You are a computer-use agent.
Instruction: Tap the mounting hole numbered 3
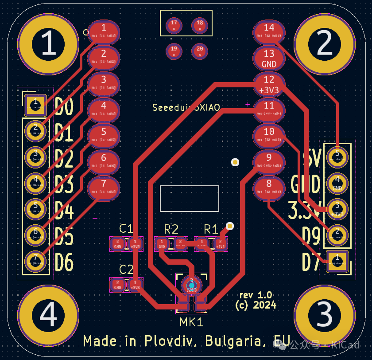tap(325, 316)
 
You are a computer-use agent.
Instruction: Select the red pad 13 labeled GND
tap(269, 58)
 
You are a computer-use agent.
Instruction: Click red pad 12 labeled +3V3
tap(269, 84)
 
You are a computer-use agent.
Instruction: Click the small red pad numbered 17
tap(174, 25)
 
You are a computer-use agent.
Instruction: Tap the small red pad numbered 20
tap(200, 51)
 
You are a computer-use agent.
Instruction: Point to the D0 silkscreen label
tap(64, 107)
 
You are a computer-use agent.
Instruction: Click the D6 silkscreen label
tap(64, 262)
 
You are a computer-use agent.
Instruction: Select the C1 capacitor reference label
tap(126, 229)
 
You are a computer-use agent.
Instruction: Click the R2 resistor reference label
tap(171, 229)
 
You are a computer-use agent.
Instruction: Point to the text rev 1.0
tap(256, 295)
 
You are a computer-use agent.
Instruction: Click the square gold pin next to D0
tap(35, 105)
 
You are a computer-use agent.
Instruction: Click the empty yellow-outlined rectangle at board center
tap(190, 198)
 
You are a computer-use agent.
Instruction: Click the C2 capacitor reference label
tap(126, 269)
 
